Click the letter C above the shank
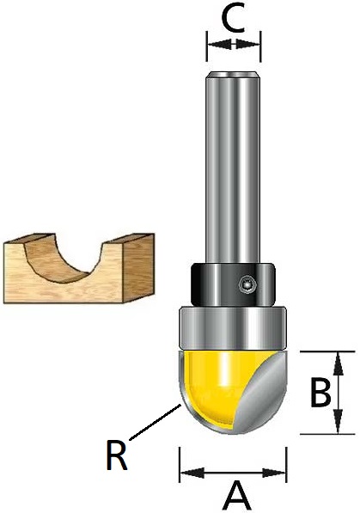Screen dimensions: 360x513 [x=234, y=19]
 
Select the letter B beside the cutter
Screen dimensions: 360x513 [x=320, y=393]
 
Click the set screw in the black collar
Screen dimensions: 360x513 [x=246, y=283]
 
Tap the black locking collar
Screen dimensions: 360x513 [x=233, y=284]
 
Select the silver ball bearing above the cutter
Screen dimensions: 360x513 [x=233, y=328]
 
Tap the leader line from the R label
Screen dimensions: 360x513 [x=156, y=422]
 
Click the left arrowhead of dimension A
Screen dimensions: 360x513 [x=192, y=473]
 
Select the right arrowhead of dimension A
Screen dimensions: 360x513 [x=274, y=473]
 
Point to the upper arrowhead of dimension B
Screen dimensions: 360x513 [x=338, y=363]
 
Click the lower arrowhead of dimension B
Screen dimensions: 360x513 [x=338, y=422]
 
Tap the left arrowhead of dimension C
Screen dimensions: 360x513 [x=220, y=44]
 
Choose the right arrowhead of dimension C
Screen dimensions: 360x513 [x=247, y=44]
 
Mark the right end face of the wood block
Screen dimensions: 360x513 [x=138, y=266]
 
